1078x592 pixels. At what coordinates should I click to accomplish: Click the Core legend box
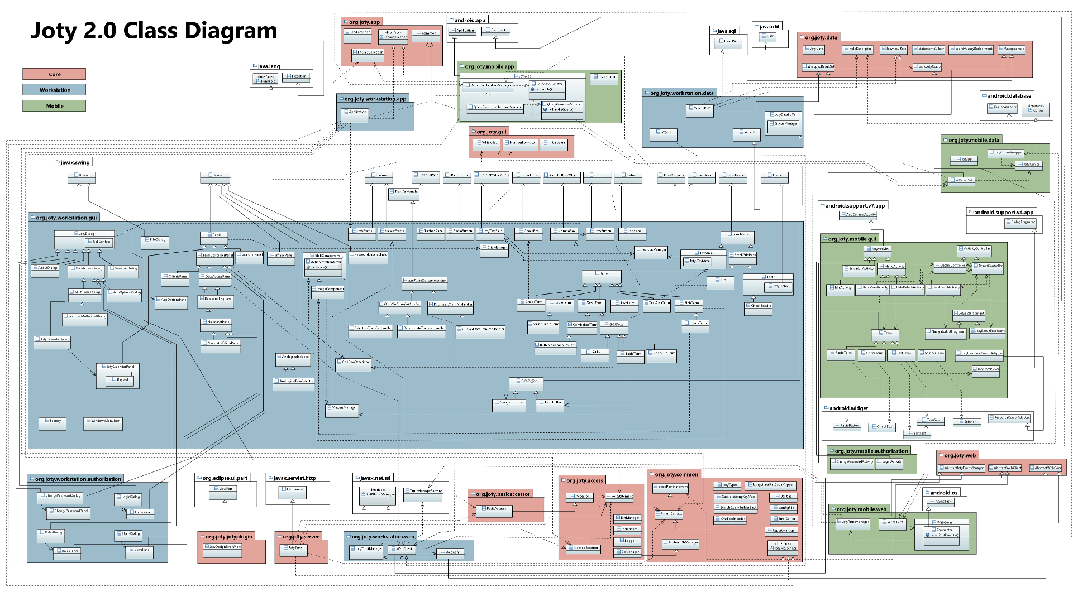tap(54, 74)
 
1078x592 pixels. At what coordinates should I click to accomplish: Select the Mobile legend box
tap(54, 106)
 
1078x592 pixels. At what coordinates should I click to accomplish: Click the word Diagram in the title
tap(231, 31)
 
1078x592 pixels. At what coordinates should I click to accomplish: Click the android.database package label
tap(1009, 96)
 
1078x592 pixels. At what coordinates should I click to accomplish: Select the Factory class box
tap(53, 421)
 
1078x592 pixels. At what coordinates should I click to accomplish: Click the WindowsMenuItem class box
tap(103, 421)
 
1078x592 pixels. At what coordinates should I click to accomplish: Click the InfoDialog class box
tap(155, 240)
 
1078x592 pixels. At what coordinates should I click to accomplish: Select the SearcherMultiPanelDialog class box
tap(84, 316)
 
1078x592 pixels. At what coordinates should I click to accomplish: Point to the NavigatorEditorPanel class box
tap(221, 343)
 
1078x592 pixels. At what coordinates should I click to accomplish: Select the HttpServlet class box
tap(292, 489)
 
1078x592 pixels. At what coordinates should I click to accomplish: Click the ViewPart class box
tap(223, 489)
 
